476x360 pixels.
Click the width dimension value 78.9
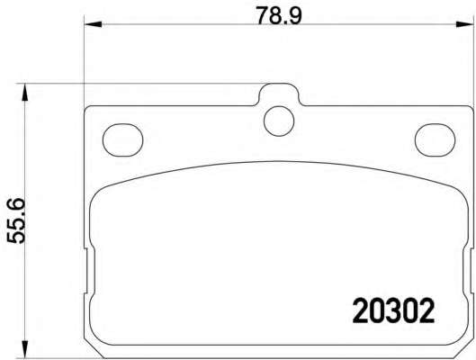[x=279, y=16]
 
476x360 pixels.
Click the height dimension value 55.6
[x=15, y=220]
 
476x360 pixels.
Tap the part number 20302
[x=393, y=310]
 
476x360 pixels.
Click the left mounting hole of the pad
[x=123, y=139]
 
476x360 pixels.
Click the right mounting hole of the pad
[x=435, y=139]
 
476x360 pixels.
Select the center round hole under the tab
[x=279, y=121]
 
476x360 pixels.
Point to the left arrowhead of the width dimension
[x=92, y=24]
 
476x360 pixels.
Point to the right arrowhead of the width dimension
[x=465, y=24]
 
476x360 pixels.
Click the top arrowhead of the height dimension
[x=25, y=93]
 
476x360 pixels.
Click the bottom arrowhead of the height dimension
[x=25, y=349]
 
